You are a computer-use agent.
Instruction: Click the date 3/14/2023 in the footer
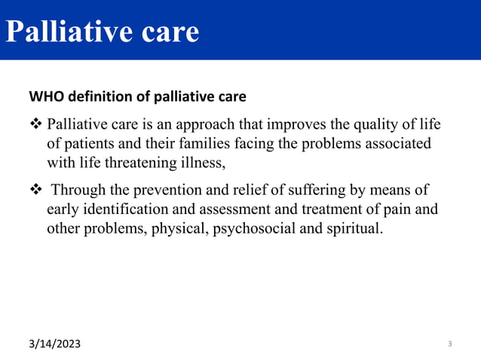tap(57, 344)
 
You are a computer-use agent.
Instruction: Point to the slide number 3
tap(449, 344)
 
